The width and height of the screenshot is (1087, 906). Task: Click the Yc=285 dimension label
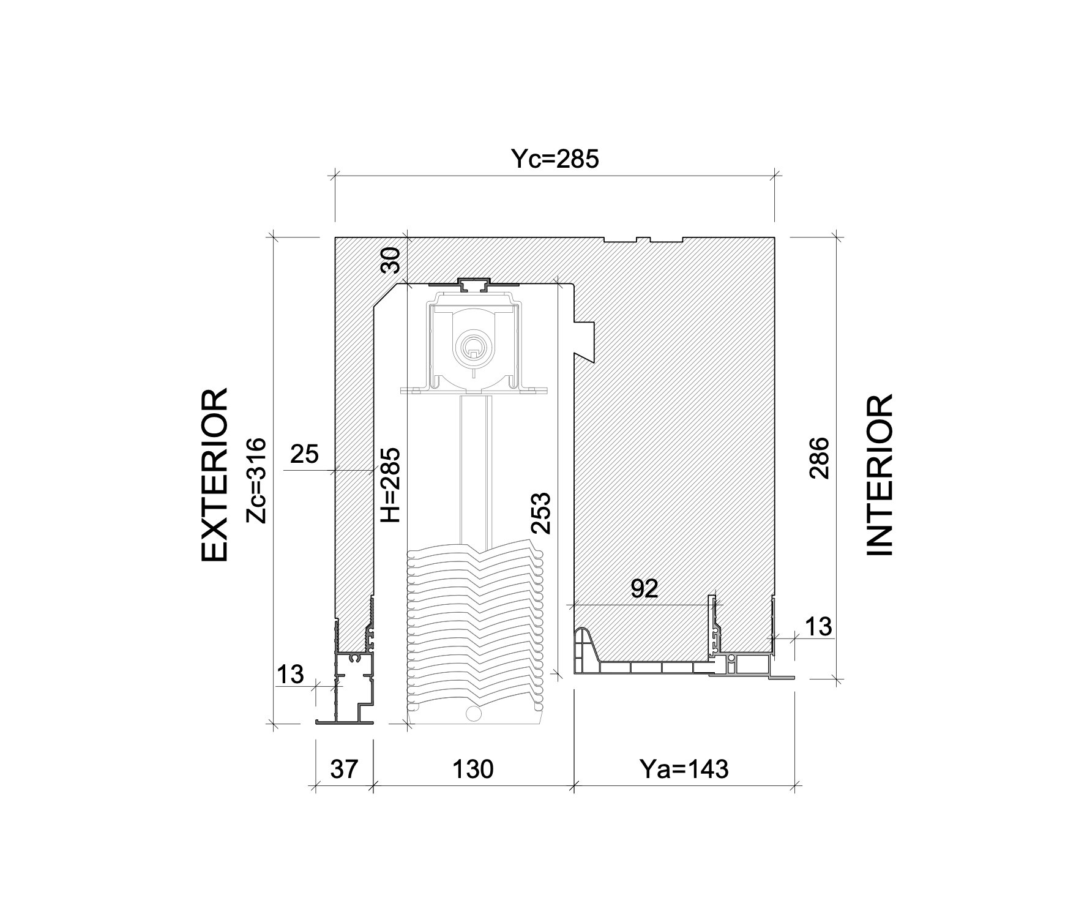point(555,159)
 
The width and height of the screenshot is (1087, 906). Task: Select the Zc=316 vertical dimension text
point(256,480)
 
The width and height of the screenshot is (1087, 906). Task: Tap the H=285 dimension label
point(390,484)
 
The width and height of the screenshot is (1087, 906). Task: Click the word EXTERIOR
point(215,474)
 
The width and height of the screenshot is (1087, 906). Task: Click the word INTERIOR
point(880,475)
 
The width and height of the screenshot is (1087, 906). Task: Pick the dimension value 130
point(473,768)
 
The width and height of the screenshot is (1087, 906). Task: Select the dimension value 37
point(344,769)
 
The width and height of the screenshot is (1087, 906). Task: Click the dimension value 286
point(819,457)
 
